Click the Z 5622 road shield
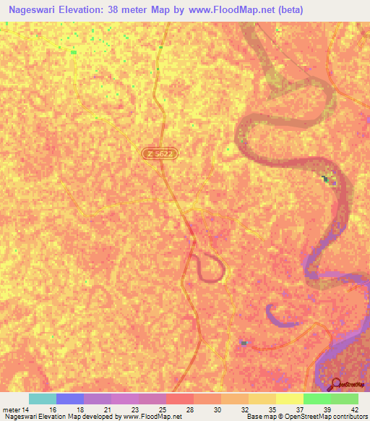(x=160, y=153)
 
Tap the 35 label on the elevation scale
(x=262, y=409)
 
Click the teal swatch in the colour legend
(x=43, y=399)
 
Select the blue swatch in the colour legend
(x=70, y=399)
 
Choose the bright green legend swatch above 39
(x=317, y=399)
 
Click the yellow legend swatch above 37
(x=290, y=399)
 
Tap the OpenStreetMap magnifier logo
(x=337, y=384)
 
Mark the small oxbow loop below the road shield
(x=209, y=267)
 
